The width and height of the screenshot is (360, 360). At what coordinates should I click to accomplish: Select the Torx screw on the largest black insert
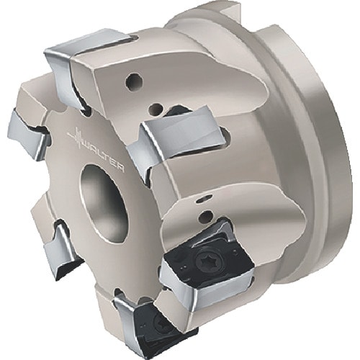click(x=204, y=258)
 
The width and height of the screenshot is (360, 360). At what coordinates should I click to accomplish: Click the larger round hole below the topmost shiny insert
click(x=135, y=82)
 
